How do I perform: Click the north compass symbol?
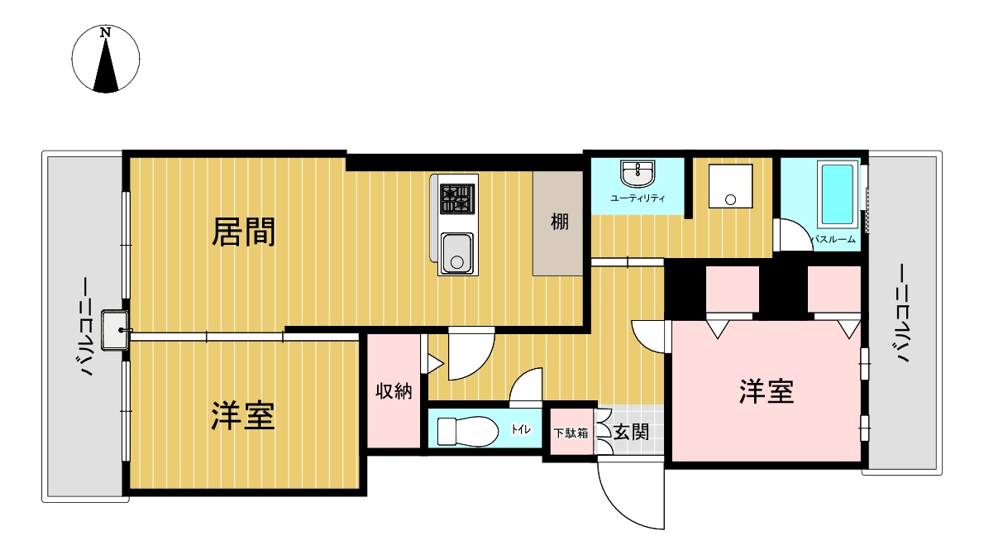(x=105, y=59)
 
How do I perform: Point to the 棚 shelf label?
(x=560, y=222)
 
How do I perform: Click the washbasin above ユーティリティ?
(x=638, y=174)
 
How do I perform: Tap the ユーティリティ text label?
(x=638, y=199)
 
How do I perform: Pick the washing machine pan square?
(x=729, y=186)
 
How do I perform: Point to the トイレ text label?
(x=521, y=428)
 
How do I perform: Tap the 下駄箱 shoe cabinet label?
(x=571, y=433)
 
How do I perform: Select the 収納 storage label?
(x=394, y=391)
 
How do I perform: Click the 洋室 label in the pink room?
(x=767, y=391)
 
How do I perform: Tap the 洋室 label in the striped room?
(x=243, y=416)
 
